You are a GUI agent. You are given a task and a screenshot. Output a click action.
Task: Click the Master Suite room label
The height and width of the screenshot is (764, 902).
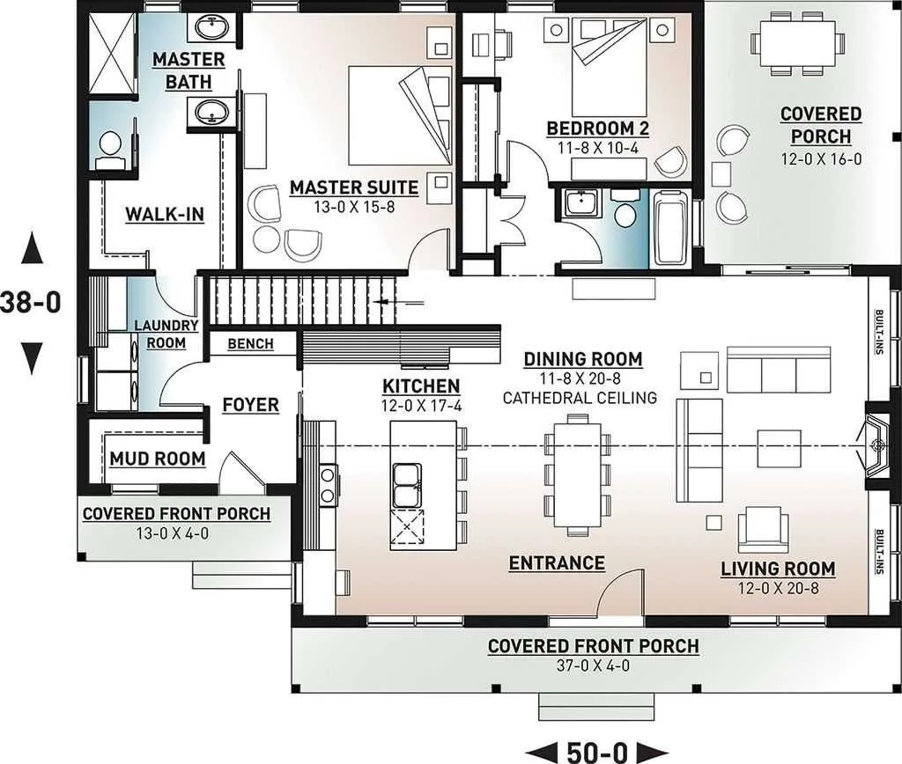(354, 187)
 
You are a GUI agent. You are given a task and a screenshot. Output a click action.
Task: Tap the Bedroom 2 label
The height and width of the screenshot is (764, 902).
(598, 129)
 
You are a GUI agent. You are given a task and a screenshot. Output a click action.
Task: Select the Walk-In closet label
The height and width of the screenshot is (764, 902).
(165, 215)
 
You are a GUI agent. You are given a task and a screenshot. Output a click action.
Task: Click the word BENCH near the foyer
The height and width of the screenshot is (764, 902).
(250, 344)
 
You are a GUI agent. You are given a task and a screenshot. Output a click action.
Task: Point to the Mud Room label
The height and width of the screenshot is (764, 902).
(158, 459)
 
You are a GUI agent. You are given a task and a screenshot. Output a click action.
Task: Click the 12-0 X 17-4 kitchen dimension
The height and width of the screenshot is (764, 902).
(422, 406)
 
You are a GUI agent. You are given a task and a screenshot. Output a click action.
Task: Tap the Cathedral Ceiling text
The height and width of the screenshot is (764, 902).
(580, 398)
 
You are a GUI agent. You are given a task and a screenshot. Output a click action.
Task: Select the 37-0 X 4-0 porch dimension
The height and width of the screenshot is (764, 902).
(593, 665)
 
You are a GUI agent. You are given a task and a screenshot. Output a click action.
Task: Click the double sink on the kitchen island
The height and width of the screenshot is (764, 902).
(407, 485)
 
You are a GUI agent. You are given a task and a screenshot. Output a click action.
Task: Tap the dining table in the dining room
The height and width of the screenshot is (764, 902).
(578, 474)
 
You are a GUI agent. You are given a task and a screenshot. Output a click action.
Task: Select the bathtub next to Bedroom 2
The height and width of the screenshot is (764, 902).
(670, 228)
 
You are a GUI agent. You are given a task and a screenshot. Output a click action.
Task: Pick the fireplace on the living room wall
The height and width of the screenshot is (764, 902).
(876, 445)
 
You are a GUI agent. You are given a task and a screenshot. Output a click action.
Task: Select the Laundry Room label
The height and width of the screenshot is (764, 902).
(166, 334)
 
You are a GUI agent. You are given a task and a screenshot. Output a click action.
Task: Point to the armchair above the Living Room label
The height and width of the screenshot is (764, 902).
(764, 530)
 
